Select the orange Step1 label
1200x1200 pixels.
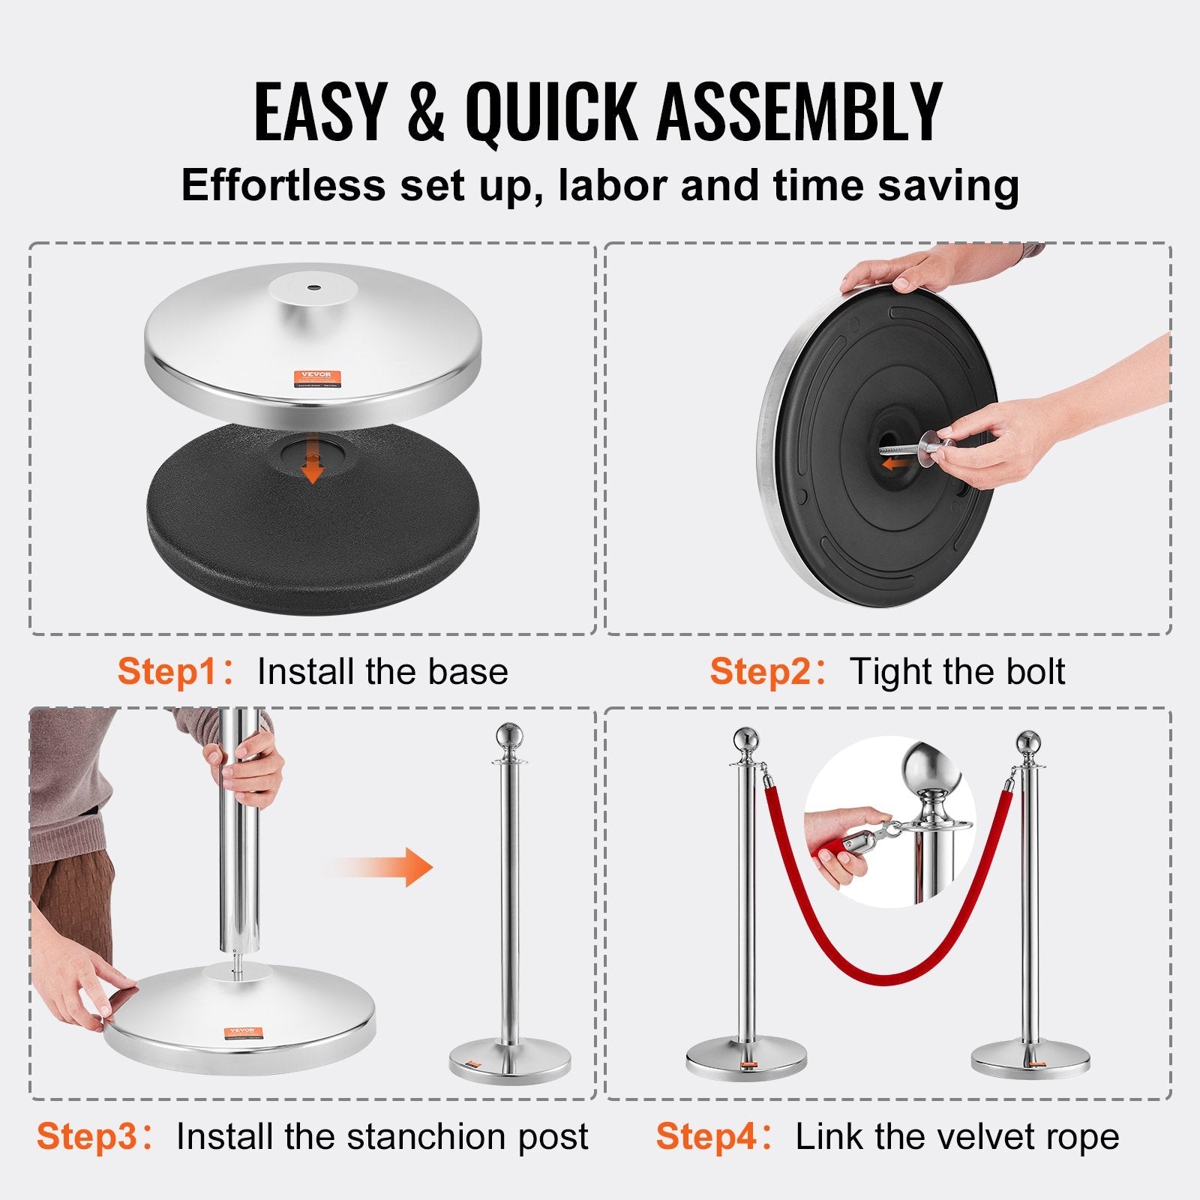[166, 671]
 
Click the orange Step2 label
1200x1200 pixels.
[759, 671]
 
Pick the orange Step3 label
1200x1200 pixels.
[85, 1136]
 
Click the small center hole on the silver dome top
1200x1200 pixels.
[311, 286]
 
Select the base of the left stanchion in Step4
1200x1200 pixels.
[745, 1057]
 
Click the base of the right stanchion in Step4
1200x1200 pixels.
[1030, 1057]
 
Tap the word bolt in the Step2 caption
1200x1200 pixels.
[1035, 671]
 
